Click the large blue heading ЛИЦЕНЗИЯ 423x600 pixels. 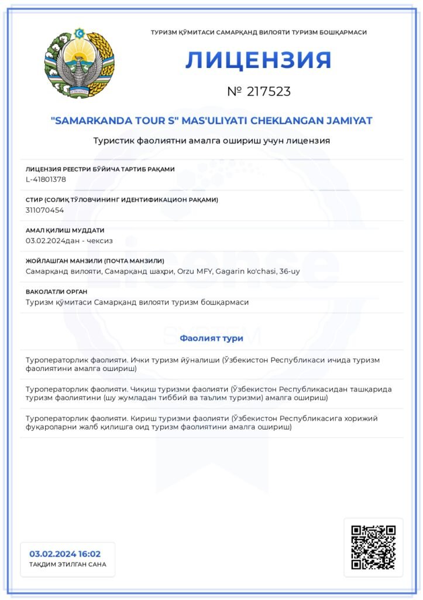259,60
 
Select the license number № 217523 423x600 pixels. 259,91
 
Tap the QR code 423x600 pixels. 373,547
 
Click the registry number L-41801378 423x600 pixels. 46,179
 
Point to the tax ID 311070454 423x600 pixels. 45,210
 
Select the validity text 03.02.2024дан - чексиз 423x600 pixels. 70,240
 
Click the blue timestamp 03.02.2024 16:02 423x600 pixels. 65,554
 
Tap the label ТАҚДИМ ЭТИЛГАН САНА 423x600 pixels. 68,565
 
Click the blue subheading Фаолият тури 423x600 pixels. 211,338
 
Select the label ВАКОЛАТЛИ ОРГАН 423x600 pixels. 57,291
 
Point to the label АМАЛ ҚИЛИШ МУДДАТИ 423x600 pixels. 65,230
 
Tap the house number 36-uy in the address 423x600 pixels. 290,271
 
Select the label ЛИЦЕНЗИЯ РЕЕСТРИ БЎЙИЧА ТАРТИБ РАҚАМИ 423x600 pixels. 100,169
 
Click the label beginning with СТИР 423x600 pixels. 122,200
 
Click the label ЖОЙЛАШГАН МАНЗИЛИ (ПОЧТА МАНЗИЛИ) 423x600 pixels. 95,261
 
